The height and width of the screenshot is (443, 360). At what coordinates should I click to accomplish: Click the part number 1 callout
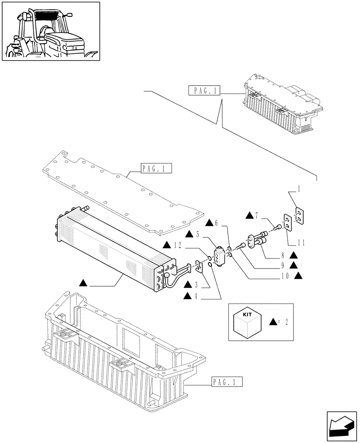[x=299, y=189]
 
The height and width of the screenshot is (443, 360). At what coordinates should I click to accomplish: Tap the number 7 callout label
[x=258, y=216]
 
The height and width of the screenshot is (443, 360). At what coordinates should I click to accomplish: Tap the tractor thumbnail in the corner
[x=50, y=31]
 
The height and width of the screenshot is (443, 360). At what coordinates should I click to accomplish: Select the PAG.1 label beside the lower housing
[x=224, y=381]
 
